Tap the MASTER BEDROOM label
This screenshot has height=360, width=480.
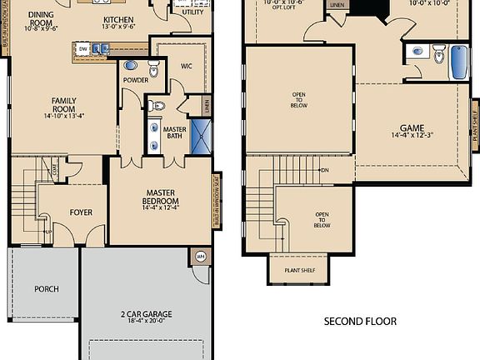(x=160, y=197)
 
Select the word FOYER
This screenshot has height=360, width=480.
(x=81, y=212)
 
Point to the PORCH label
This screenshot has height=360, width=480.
(x=46, y=289)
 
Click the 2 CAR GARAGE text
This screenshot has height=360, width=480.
(x=145, y=314)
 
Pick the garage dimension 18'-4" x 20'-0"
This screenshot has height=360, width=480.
(x=145, y=324)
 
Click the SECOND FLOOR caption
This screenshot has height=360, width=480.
(x=360, y=321)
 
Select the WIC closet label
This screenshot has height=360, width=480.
(x=187, y=67)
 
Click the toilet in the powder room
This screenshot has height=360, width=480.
(x=153, y=67)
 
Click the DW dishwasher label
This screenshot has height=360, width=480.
(x=83, y=50)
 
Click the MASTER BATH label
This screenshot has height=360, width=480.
(x=174, y=133)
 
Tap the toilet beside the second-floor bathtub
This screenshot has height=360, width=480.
(x=438, y=56)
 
